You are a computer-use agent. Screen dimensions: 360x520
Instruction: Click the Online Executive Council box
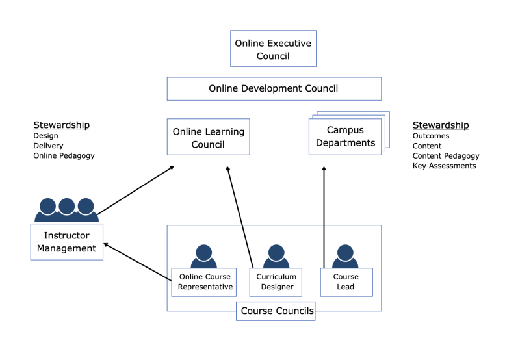coord(273,49)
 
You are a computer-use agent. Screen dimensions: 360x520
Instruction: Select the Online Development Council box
coord(274,88)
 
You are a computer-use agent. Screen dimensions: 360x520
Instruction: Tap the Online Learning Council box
coord(208,137)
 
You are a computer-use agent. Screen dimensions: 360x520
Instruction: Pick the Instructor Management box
coord(66,242)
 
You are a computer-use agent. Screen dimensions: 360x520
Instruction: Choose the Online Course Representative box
coord(203,281)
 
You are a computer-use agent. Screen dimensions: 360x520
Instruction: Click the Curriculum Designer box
coord(276,281)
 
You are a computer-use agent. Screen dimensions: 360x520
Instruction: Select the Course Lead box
coord(346,281)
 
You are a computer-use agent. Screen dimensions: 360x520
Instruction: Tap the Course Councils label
coord(277,311)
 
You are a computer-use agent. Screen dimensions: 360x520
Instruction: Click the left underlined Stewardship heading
coord(61,125)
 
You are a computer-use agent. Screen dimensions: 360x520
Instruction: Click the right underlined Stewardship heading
coord(440,125)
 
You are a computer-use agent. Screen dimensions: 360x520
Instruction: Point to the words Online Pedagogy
coord(64,155)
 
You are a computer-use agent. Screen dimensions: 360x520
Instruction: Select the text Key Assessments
coord(444,166)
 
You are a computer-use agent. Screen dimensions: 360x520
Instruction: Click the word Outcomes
coord(431,136)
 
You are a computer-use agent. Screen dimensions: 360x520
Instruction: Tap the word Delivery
coord(48,146)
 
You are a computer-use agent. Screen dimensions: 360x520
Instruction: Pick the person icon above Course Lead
coord(345,256)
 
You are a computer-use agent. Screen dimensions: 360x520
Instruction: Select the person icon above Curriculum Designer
coord(276,256)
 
